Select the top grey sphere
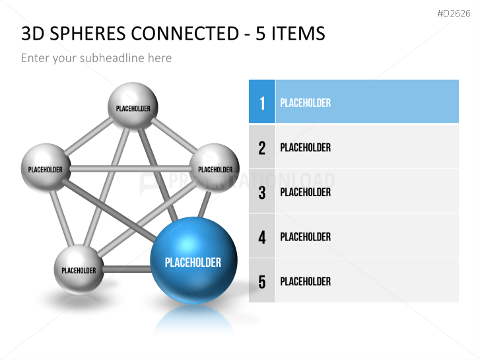click(133, 107)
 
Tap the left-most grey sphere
click(46, 168)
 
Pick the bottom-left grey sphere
click(79, 268)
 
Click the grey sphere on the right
click(215, 168)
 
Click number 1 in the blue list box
click(262, 102)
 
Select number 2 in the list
click(262, 147)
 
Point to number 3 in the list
click(262, 192)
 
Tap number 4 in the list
click(262, 236)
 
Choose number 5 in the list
click(262, 281)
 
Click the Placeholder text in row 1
click(305, 102)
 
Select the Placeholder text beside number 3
click(305, 192)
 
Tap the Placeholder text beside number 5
click(305, 281)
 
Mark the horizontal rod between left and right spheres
click(129, 168)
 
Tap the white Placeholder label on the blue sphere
click(193, 262)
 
